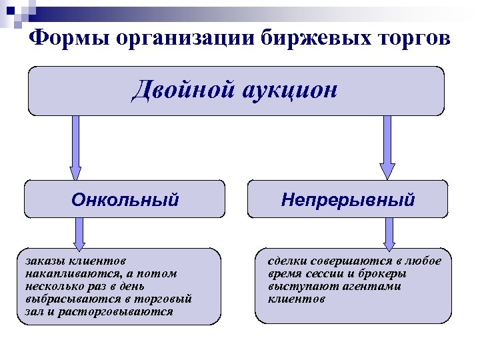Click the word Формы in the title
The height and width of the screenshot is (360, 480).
68,38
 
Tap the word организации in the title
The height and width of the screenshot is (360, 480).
184,38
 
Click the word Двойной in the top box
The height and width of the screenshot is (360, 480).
177,88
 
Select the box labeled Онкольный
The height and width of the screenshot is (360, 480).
124,199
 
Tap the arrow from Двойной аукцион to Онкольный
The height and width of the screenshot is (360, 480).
75,147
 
